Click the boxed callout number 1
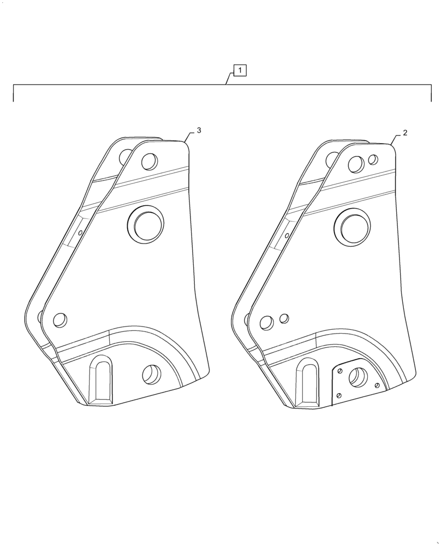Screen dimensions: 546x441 pyautogui.click(x=240, y=70)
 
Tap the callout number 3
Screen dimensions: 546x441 pyautogui.click(x=199, y=130)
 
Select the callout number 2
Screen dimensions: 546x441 pyautogui.click(x=404, y=132)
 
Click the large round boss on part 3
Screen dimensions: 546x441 pyautogui.click(x=145, y=223)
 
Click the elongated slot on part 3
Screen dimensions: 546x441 pyautogui.click(x=100, y=378)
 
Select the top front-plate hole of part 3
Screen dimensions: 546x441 pyautogui.click(x=148, y=162)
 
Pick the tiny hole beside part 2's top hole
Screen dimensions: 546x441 pyautogui.click(x=373, y=159)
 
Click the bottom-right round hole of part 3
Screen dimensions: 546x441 pyautogui.click(x=150, y=374)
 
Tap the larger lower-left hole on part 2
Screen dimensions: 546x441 pyautogui.click(x=266, y=323)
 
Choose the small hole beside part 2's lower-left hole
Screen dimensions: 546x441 pyautogui.click(x=284, y=318)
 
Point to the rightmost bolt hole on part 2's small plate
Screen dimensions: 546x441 pyautogui.click(x=377, y=385)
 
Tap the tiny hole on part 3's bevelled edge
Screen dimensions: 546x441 pyautogui.click(x=81, y=232)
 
